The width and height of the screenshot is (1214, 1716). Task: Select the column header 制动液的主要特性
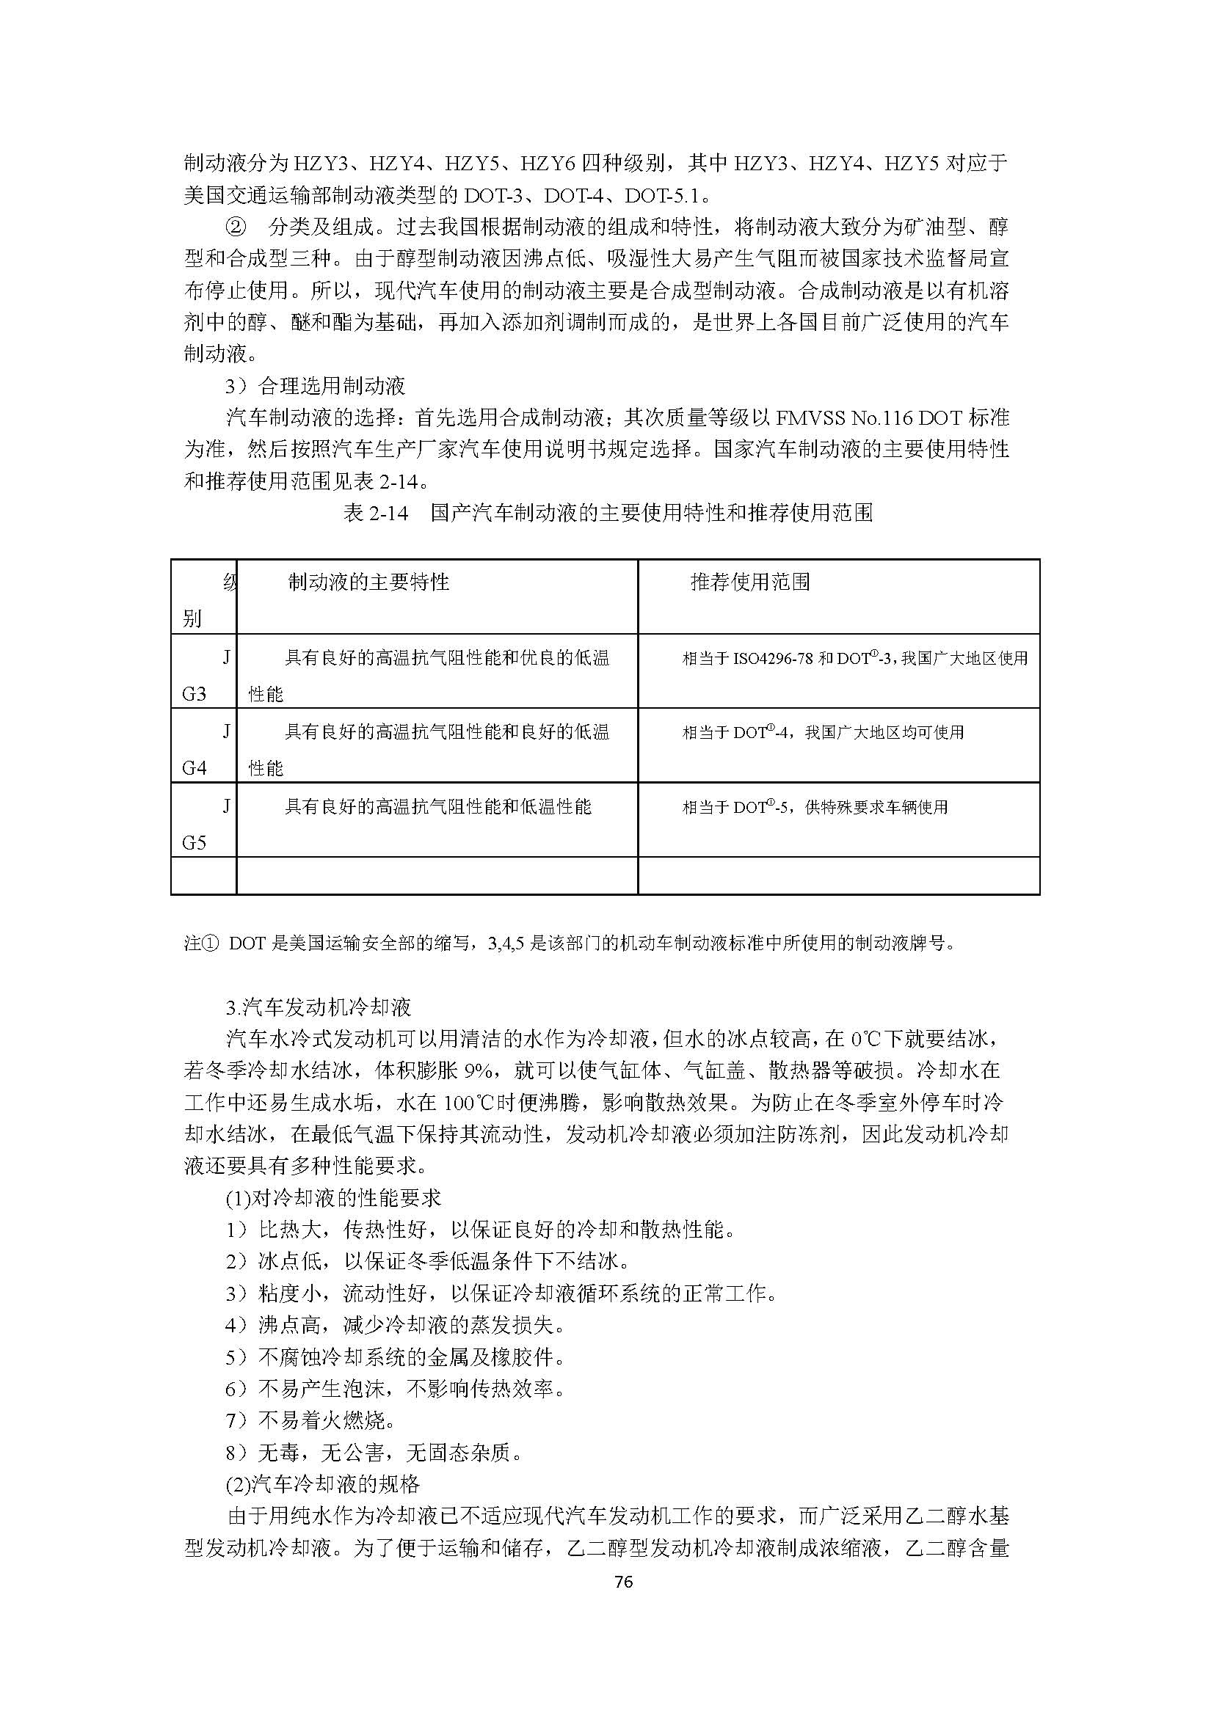point(368,583)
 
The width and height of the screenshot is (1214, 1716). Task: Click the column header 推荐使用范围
point(750,583)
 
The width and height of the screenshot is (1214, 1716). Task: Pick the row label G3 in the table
point(195,694)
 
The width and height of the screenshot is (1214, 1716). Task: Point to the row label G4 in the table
point(195,768)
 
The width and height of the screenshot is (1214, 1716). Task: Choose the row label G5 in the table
point(195,843)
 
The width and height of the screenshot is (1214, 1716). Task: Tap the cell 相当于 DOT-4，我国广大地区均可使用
point(823,733)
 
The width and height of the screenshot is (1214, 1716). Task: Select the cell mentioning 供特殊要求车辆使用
point(815,808)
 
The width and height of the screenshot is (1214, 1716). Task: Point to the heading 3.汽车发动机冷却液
point(319,1007)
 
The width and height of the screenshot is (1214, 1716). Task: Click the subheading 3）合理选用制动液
point(316,386)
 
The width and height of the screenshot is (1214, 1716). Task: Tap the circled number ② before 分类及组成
point(236,227)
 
